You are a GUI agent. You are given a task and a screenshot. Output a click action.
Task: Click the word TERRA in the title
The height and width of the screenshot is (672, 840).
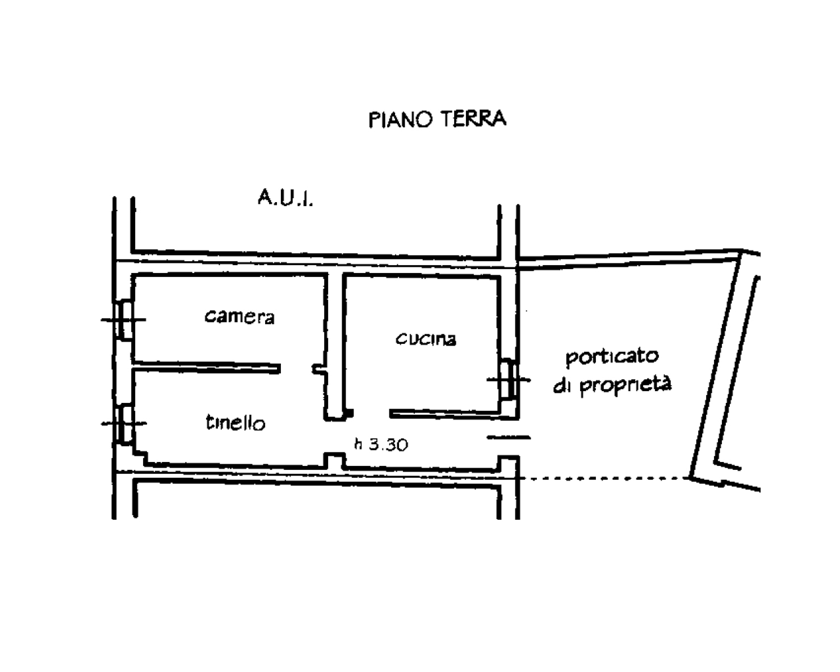473,119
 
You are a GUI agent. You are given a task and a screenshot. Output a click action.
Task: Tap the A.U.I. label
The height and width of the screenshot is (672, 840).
285,198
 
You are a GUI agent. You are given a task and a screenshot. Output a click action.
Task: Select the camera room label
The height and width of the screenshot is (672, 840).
240,317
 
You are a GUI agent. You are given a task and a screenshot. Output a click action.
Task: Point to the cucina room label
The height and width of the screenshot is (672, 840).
426,338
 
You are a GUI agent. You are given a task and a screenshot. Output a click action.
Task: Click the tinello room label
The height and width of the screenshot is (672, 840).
236,422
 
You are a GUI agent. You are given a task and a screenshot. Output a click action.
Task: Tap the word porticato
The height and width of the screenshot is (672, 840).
612,357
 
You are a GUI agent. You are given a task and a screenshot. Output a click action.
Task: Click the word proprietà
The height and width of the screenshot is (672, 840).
625,385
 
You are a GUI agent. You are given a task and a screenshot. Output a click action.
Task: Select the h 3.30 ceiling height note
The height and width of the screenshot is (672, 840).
381,444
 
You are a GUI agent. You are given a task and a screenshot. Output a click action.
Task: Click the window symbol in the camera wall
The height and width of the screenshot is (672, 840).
124,320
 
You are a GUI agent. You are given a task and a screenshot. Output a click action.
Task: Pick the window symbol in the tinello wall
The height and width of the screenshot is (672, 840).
124,423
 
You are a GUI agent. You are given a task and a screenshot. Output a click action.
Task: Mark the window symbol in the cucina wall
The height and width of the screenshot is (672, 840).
509,379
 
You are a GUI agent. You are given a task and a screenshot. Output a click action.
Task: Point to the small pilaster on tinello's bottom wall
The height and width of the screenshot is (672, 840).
335,460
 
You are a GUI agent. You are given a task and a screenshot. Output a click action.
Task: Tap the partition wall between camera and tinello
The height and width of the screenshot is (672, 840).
207,367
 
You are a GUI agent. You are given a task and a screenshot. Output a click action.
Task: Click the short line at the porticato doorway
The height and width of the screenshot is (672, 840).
509,438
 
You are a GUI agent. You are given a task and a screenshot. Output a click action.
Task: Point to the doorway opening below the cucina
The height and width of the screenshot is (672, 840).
371,415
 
